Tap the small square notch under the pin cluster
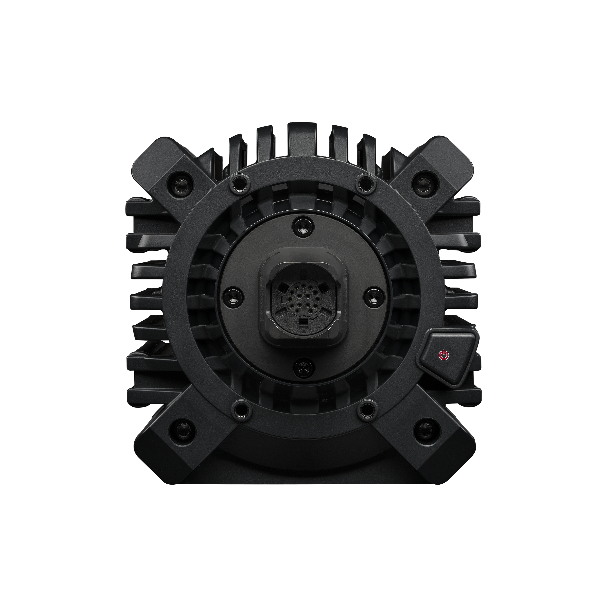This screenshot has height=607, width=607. pyautogui.click(x=303, y=324)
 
